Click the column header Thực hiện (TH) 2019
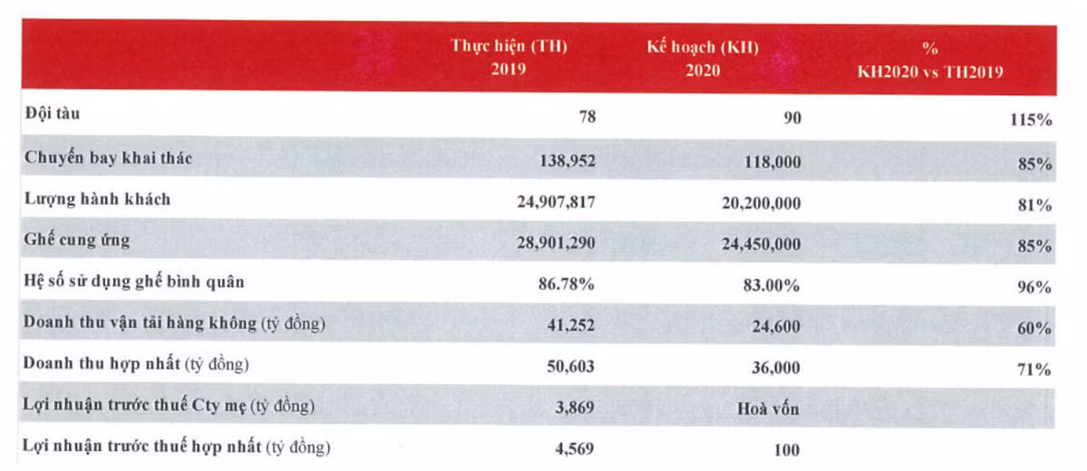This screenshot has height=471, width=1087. point(509,58)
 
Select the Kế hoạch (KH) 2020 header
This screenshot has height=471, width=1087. point(703,58)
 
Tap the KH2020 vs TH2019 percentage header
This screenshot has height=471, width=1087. point(930,58)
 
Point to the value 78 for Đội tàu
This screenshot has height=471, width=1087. point(585,118)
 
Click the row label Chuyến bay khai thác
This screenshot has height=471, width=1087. point(109,158)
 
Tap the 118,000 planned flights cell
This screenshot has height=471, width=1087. point(771,161)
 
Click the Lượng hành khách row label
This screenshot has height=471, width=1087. point(98,199)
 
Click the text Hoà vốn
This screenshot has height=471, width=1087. point(769,408)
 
